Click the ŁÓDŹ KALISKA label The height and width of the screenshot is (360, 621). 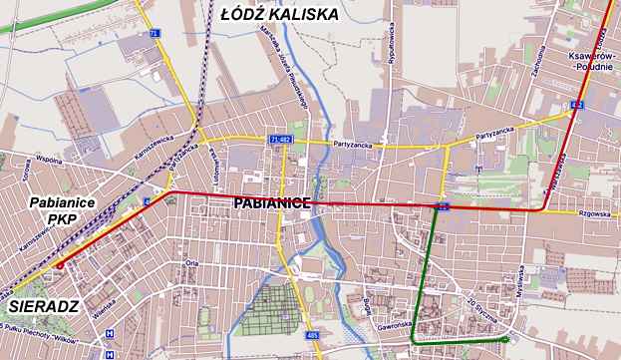pyautogui.click(x=279, y=14)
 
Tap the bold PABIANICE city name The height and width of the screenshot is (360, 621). pyautogui.click(x=273, y=202)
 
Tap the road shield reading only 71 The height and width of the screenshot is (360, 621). pyautogui.click(x=154, y=33)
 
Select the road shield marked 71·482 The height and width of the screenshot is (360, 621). pyautogui.click(x=279, y=139)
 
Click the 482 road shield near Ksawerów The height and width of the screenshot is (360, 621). pyautogui.click(x=577, y=105)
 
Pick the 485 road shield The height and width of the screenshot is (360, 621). pyautogui.click(x=312, y=335)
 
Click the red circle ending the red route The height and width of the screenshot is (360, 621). pyautogui.click(x=60, y=265)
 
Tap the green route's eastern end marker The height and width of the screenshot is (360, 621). pyautogui.click(x=506, y=341)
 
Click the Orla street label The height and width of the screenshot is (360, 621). pyautogui.click(x=193, y=264)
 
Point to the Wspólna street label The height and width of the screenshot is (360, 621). pyautogui.click(x=49, y=159)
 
